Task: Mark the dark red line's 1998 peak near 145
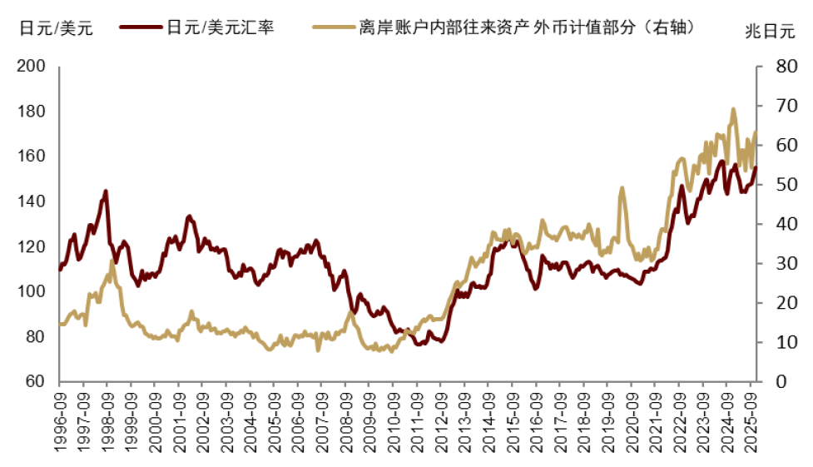coord(106,191)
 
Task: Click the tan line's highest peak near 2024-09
coord(733,108)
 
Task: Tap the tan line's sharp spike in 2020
coord(622,188)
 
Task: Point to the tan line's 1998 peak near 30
coord(112,261)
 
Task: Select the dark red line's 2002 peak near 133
coord(189,216)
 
